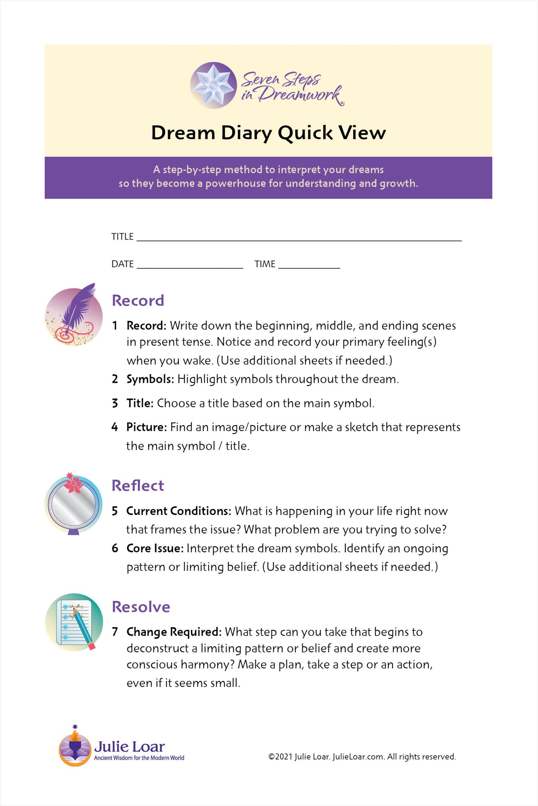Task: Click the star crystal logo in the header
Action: pos(213,85)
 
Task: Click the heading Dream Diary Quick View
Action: pos(268,133)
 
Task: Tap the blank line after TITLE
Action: pos(299,238)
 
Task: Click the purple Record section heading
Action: pos(138,301)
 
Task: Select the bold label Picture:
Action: pos(147,427)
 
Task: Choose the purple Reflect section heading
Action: pos(138,485)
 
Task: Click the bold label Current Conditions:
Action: pos(179,511)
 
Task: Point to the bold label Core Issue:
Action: pos(155,548)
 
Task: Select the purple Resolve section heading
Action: pos(141,607)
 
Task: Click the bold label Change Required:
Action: pos(174,632)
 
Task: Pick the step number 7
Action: pos(115,632)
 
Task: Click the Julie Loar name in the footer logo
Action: pos(129,746)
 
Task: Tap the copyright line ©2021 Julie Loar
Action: pos(362,757)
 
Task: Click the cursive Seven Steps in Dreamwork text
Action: pos(291,88)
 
